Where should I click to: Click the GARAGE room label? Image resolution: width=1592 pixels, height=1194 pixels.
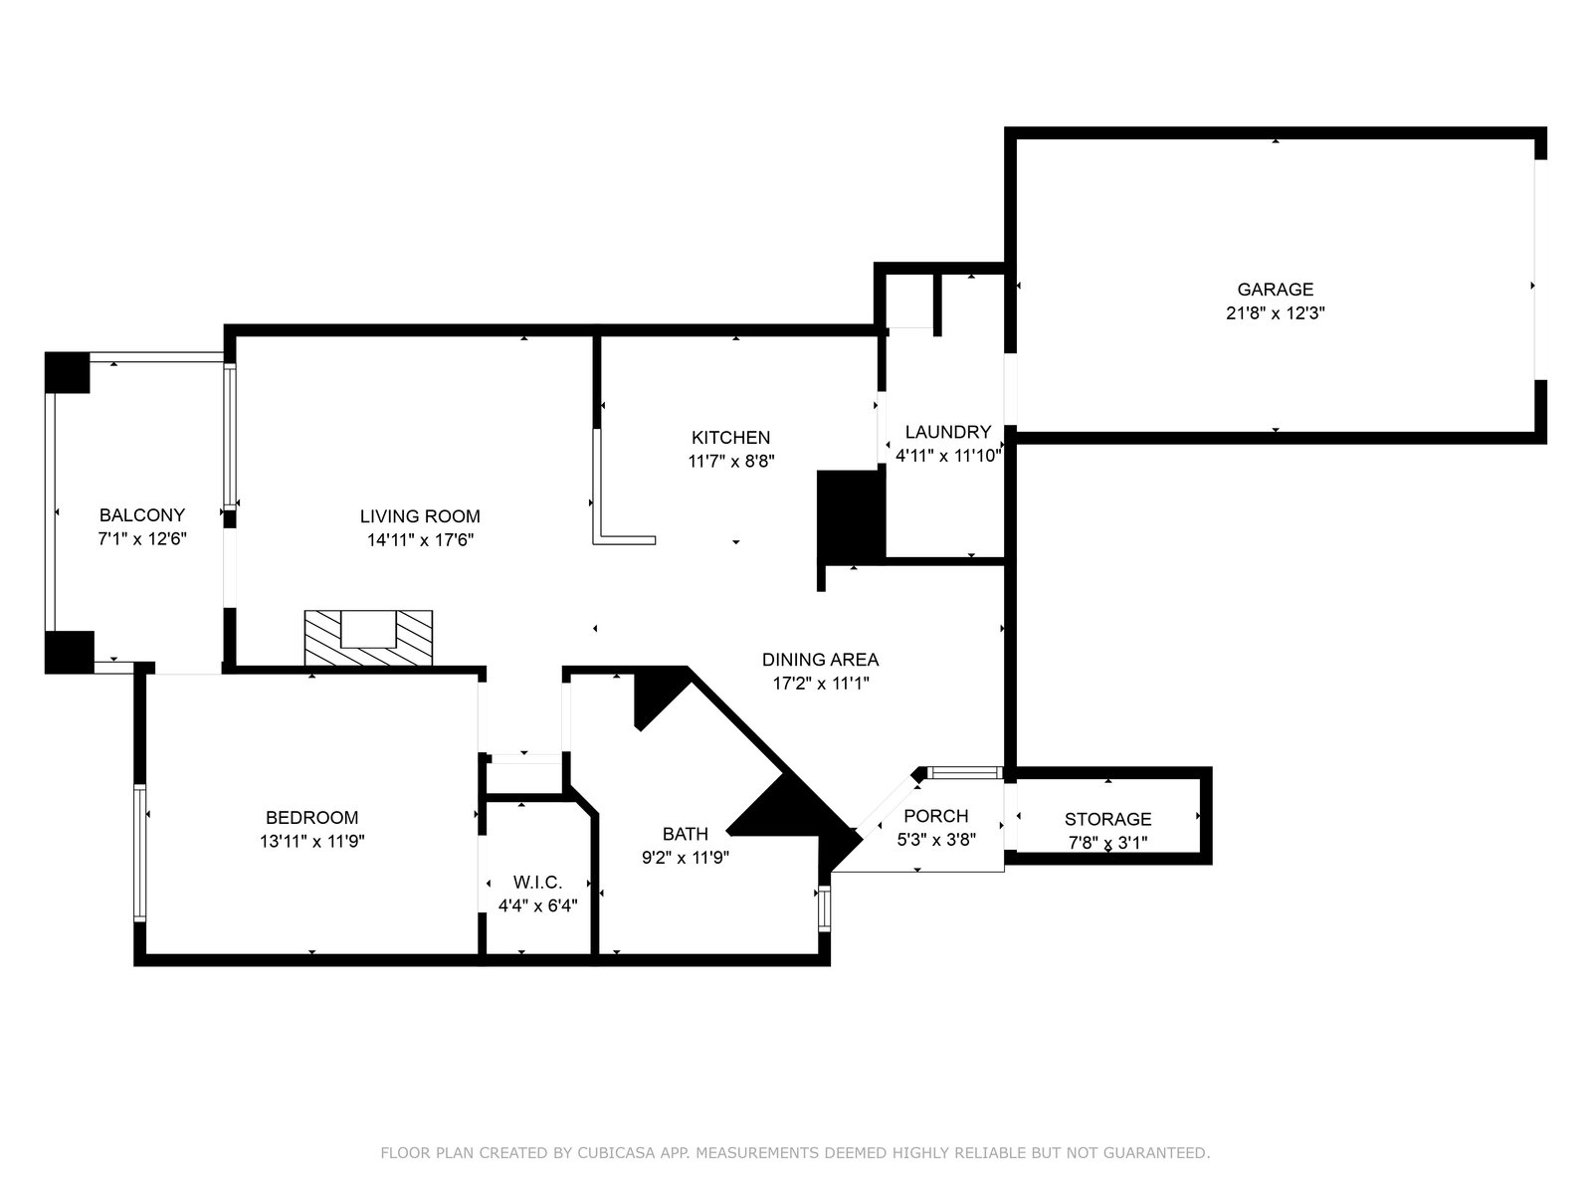1275,290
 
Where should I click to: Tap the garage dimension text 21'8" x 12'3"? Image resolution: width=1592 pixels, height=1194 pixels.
1275,313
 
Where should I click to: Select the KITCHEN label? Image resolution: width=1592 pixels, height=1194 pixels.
730,437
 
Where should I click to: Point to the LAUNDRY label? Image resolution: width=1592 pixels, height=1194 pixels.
947,432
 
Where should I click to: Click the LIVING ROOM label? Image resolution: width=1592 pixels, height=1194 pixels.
420,516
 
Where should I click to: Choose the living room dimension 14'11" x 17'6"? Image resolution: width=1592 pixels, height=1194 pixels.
420,540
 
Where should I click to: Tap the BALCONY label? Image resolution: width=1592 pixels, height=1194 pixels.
142,514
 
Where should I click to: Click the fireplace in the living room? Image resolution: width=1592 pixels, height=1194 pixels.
368,638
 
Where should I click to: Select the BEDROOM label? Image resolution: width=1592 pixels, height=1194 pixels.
311,817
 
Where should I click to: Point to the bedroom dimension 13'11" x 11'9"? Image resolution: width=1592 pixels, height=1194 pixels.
311,841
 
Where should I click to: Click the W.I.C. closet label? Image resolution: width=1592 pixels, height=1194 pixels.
537,883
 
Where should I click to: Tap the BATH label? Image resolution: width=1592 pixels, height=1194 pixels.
685,834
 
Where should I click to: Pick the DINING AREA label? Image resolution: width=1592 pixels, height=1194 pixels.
820,659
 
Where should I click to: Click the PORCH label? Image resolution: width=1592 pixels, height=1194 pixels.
935,816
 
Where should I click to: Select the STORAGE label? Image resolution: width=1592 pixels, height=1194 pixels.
1107,819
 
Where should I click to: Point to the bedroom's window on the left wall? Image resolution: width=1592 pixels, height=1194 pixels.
140,853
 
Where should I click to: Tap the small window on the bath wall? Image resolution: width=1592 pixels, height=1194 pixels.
824,907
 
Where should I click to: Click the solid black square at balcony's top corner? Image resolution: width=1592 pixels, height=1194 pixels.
68,372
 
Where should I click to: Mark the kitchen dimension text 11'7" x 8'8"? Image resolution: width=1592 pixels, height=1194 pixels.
731,461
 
